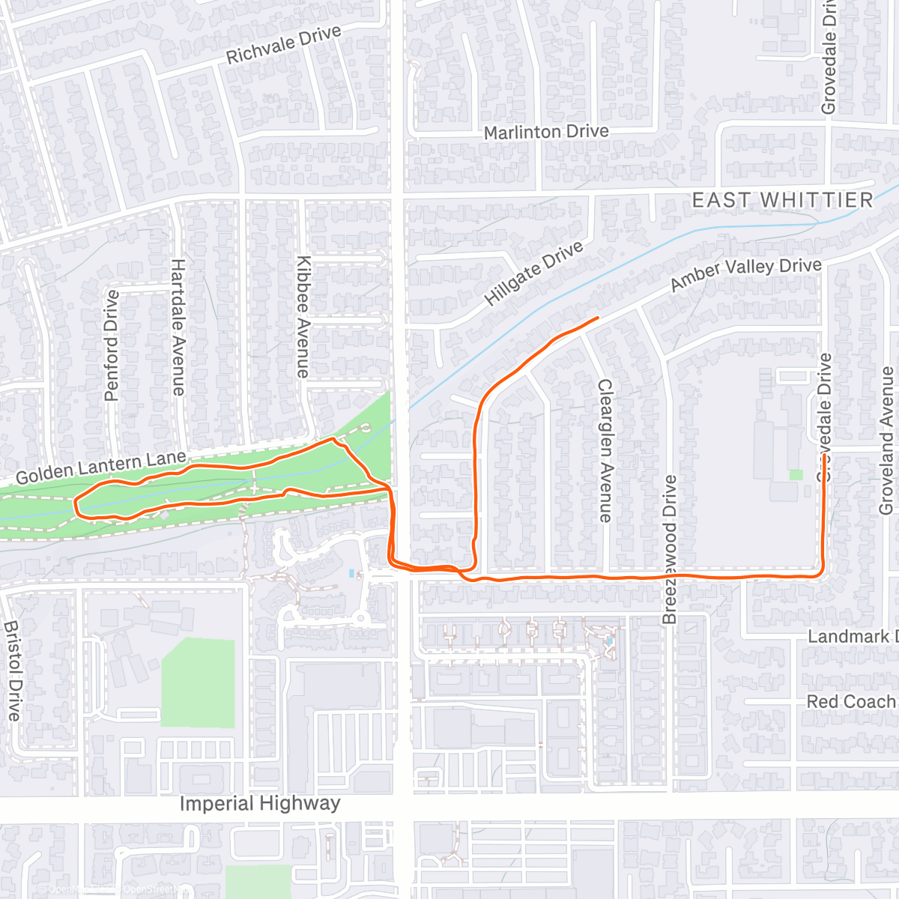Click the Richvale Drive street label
coord(283,45)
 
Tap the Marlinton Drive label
coord(546,133)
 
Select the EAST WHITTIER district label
coord(782,200)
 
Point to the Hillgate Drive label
coord(533,274)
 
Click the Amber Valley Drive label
coord(745,274)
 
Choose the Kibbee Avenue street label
coord(303,317)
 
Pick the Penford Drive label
coord(112,345)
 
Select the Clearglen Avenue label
coord(605,450)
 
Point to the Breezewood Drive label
coord(670,549)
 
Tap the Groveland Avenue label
coord(887,441)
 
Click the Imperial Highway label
coord(260,804)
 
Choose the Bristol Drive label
coord(13,671)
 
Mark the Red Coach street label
coord(851,702)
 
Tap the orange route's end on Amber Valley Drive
coord(598,318)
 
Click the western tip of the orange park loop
coord(76,506)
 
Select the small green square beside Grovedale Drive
coord(796,475)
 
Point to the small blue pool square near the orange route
coord(351,573)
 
